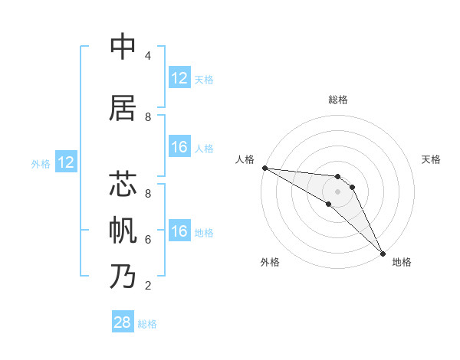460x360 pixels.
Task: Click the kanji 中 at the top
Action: click(123, 47)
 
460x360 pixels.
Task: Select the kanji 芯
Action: click(123, 185)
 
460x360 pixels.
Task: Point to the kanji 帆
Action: click(123, 231)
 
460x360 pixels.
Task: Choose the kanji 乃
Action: click(123, 277)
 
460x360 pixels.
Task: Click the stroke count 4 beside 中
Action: click(147, 56)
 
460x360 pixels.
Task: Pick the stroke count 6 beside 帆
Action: click(147, 240)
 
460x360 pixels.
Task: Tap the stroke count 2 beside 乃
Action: click(147, 286)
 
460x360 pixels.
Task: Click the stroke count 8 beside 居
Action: click(147, 117)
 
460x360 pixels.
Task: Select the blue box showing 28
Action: click(123, 322)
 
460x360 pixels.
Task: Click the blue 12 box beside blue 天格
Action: click(179, 78)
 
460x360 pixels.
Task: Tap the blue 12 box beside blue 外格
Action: click(66, 162)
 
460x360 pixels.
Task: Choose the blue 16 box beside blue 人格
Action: click(179, 147)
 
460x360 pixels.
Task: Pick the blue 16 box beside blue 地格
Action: click(179, 231)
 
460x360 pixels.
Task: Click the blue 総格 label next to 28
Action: click(148, 324)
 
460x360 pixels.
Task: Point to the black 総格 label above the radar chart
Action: click(338, 100)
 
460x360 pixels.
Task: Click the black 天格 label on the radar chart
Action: click(432, 159)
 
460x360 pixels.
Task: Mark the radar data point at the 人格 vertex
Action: click(264, 168)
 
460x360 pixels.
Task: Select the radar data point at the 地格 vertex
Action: click(383, 253)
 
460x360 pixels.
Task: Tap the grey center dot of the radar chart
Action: click(338, 191)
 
